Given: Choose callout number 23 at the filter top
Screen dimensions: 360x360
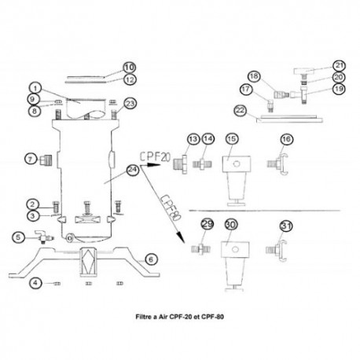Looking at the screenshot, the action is pyautogui.click(x=130, y=104).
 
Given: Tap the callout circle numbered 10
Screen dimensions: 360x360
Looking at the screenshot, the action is pyautogui.click(x=130, y=67).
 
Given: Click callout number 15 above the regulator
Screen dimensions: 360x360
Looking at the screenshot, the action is pyautogui.click(x=231, y=139).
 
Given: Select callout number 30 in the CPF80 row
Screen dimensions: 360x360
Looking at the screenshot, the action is pyautogui.click(x=231, y=226).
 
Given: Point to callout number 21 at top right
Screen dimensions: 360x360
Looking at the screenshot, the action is pyautogui.click(x=317, y=65).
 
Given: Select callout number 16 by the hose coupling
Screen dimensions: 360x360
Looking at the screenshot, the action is pyautogui.click(x=287, y=139).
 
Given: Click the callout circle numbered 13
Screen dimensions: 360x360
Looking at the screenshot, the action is pyautogui.click(x=193, y=138).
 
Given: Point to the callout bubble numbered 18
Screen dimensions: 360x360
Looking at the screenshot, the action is pyautogui.click(x=253, y=75).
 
